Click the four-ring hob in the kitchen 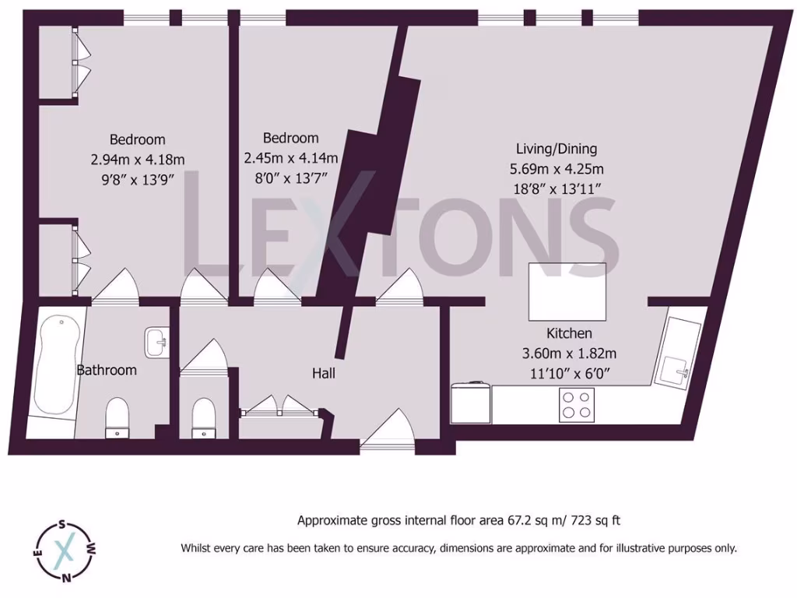577,404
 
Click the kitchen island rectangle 567,291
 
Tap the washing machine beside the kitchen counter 471,402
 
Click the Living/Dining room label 556,149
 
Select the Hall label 324,374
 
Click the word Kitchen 569,333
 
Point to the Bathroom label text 107,370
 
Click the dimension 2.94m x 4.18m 137,160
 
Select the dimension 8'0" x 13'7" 285,178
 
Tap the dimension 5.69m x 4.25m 556,168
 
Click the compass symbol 65,551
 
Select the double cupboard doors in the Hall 279,405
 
